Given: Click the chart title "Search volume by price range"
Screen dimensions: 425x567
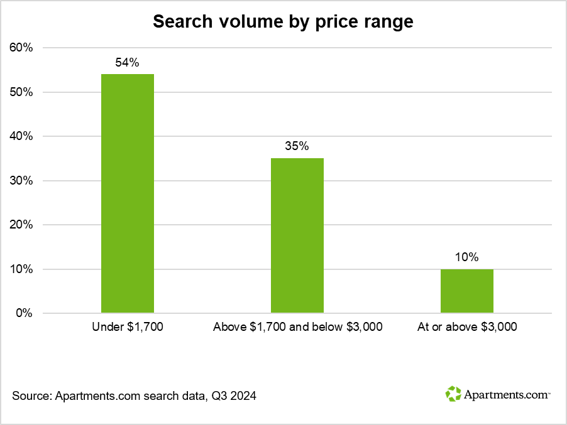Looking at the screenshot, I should click(283, 21).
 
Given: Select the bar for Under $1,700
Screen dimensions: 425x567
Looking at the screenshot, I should click(128, 193).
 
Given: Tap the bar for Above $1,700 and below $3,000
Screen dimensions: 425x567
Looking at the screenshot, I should click(297, 235).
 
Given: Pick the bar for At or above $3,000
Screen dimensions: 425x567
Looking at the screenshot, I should click(467, 291).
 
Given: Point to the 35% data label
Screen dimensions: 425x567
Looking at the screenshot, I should click(297, 146).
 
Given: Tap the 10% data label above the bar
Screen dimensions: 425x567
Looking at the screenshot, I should click(467, 257).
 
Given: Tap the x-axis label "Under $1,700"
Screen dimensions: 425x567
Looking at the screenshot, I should click(128, 327).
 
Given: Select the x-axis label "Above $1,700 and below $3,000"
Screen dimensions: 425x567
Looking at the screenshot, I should click(297, 327).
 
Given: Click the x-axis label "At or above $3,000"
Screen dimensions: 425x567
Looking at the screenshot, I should click(467, 327).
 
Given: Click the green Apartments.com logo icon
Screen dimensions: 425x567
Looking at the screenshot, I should click(453, 394).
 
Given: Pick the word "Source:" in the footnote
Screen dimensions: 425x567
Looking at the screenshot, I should click(31, 396).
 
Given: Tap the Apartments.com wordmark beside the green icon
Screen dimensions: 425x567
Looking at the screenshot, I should click(506, 395).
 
